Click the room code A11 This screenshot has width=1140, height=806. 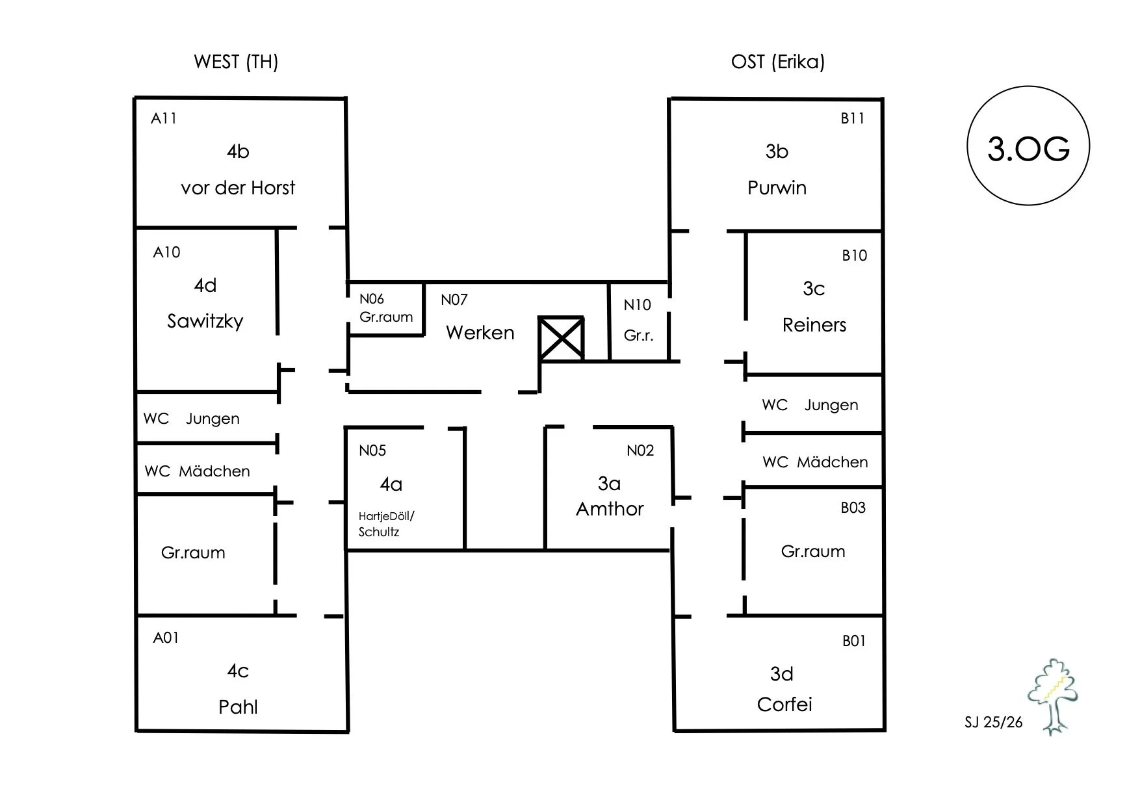click(x=164, y=118)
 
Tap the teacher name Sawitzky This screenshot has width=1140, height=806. click(x=205, y=321)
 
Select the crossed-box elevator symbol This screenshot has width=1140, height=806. click(x=562, y=338)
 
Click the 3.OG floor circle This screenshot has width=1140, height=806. click(x=1028, y=146)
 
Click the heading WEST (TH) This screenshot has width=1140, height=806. click(x=236, y=62)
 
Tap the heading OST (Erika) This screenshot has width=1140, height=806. click(x=778, y=62)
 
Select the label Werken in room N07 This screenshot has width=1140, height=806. click(x=480, y=333)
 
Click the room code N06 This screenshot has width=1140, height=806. click(x=372, y=299)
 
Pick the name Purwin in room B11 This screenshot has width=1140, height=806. click(x=777, y=188)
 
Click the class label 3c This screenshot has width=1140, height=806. click(x=814, y=289)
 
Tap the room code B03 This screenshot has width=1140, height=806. click(x=853, y=508)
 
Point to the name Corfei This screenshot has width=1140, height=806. click(x=784, y=705)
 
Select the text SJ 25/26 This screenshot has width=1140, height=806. click(x=994, y=722)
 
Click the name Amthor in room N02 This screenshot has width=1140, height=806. click(x=610, y=509)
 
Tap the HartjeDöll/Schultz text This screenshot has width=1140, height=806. click(x=386, y=524)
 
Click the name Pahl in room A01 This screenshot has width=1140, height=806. click(x=238, y=707)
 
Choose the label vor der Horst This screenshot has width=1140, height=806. click(x=238, y=188)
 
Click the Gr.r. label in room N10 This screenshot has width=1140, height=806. click(x=638, y=335)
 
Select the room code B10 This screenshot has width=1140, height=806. click(x=855, y=255)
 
